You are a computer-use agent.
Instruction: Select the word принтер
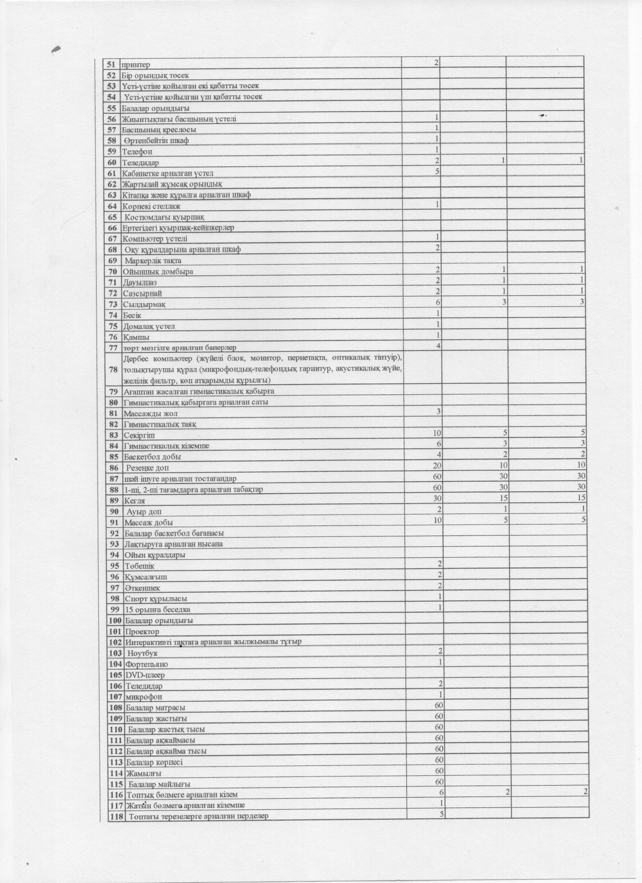tap(135, 64)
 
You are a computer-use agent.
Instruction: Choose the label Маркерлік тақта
tap(153, 260)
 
